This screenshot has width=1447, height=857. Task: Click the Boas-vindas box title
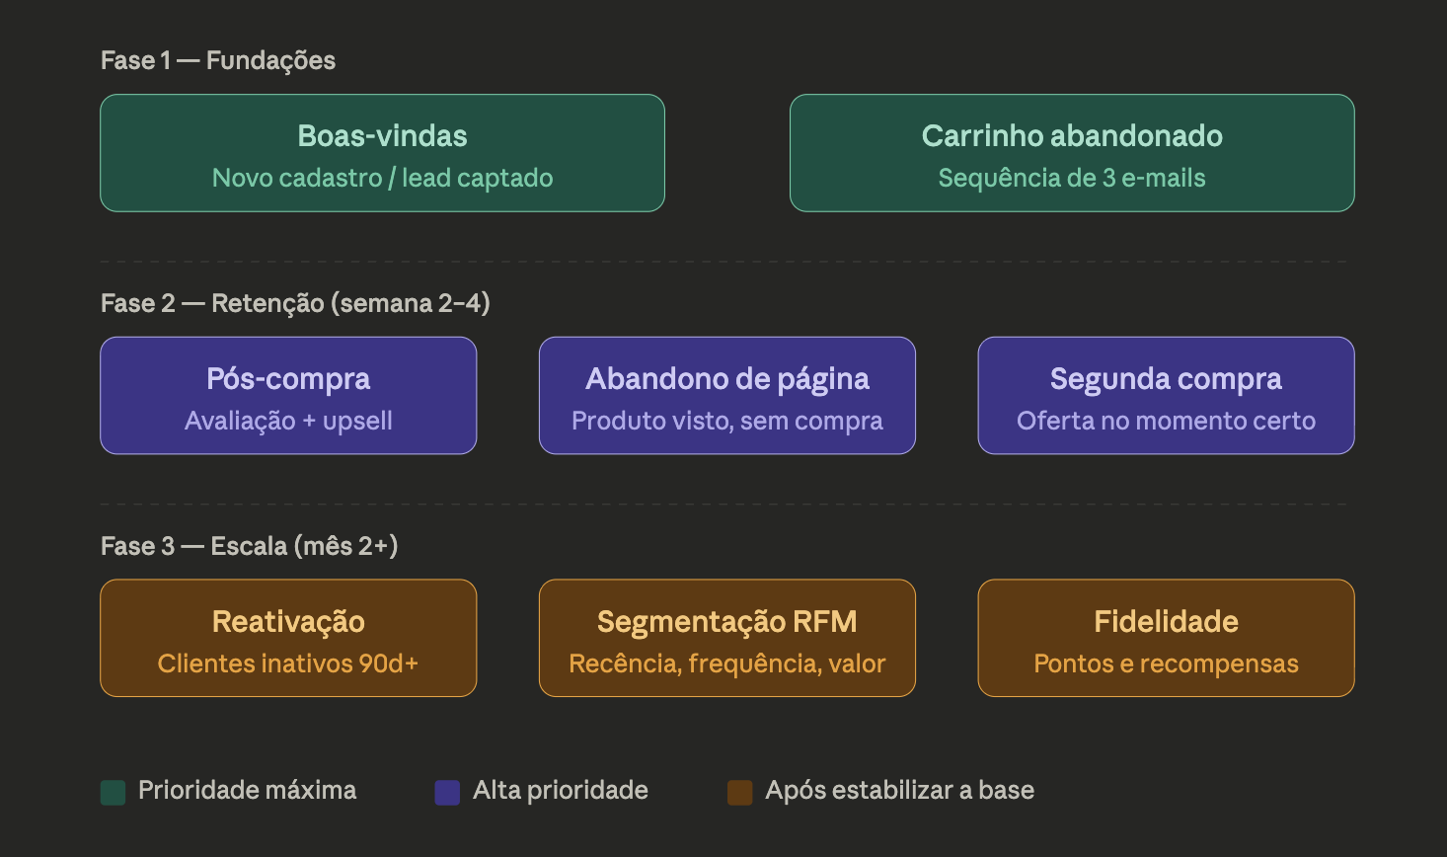pyautogui.click(x=382, y=136)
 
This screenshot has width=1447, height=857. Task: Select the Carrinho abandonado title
pyautogui.click(x=1072, y=136)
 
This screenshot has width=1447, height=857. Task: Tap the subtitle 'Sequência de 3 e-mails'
pyautogui.click(x=1072, y=179)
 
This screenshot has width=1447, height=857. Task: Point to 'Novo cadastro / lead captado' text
pyautogui.click(x=382, y=179)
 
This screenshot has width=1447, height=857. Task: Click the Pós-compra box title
pyautogui.click(x=288, y=379)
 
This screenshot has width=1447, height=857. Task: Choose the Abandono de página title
pyautogui.click(x=727, y=379)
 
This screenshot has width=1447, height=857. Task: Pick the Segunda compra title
pyautogui.click(x=1166, y=379)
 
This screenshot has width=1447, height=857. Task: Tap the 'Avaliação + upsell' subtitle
pyautogui.click(x=288, y=422)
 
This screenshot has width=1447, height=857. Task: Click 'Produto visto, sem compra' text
pyautogui.click(x=727, y=422)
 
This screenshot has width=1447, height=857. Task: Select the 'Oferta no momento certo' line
pyautogui.click(x=1166, y=422)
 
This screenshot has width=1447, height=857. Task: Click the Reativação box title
pyautogui.click(x=288, y=622)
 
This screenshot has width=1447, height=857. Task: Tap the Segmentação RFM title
pyautogui.click(x=727, y=622)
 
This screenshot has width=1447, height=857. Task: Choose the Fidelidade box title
pyautogui.click(x=1166, y=622)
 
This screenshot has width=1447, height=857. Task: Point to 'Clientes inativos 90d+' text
pyautogui.click(x=288, y=664)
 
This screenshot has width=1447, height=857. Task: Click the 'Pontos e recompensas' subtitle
pyautogui.click(x=1166, y=664)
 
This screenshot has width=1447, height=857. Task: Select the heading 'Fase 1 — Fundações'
pyautogui.click(x=218, y=61)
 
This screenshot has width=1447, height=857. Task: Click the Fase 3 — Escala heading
pyautogui.click(x=249, y=547)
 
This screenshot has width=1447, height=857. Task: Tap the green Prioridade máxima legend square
pyautogui.click(x=114, y=793)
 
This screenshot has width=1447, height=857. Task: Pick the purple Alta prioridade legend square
pyautogui.click(x=447, y=793)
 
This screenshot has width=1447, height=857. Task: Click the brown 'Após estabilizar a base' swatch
pyautogui.click(x=740, y=793)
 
